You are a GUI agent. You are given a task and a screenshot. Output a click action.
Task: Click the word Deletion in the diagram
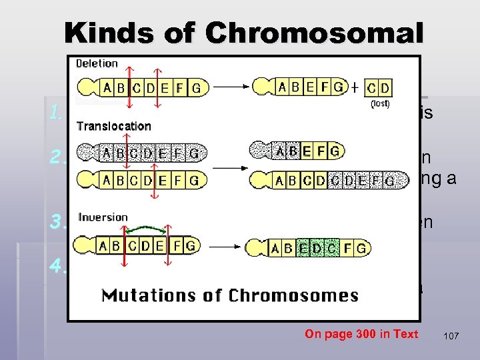pos(97,64)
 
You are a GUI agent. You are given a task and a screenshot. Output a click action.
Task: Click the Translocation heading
pos(113,126)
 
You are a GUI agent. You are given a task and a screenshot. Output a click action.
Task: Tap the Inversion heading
pos(103,217)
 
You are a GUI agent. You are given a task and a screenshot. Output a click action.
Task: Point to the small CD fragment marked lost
pos(379,88)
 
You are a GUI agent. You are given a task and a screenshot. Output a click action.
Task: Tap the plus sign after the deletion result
pos(355,87)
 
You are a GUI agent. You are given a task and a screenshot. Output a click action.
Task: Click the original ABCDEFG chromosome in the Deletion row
pos(143,87)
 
